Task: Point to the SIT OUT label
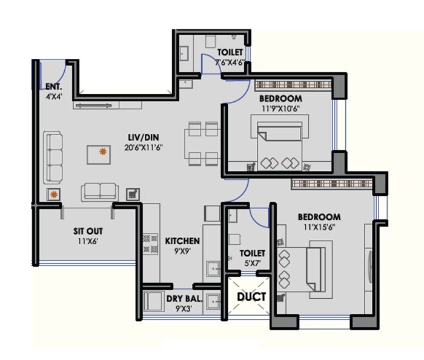pos(88,232)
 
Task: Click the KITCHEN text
pos(182,241)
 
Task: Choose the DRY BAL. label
pos(184,298)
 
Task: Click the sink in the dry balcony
pos(213,301)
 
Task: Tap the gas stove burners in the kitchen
pos(146,244)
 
